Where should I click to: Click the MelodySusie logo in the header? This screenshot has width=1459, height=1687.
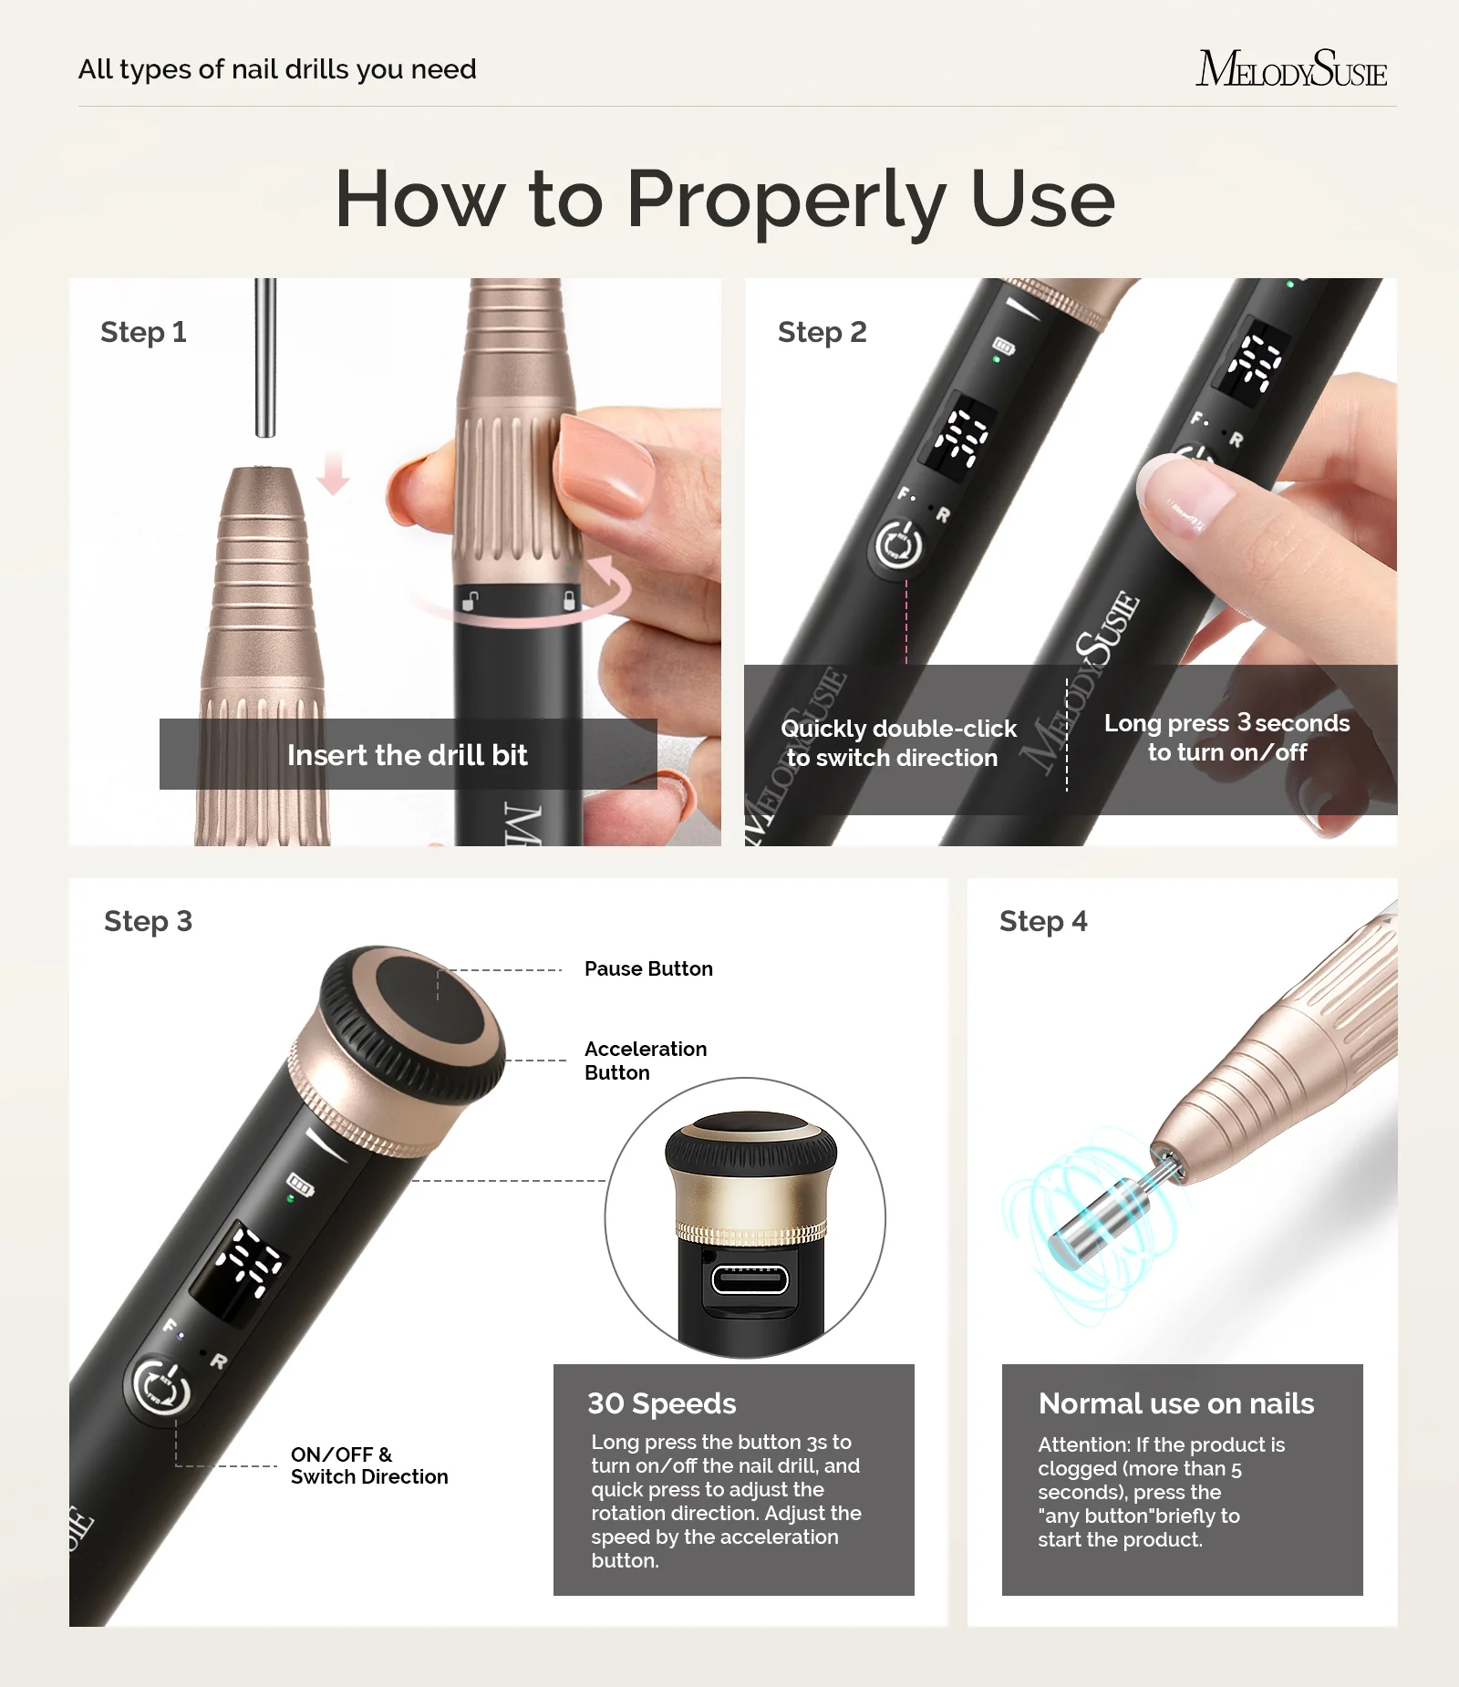click(1291, 68)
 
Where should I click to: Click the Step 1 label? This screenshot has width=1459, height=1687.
click(143, 332)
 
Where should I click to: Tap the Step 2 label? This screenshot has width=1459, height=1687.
click(822, 332)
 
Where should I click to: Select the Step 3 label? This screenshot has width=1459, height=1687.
click(148, 921)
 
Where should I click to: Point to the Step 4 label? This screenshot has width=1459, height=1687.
click(1043, 921)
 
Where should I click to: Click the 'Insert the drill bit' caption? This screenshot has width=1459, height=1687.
click(408, 755)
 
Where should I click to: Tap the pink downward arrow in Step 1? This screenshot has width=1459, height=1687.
click(334, 473)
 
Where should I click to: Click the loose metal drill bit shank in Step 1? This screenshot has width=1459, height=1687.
click(265, 357)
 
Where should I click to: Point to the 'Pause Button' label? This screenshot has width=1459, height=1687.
click(648, 968)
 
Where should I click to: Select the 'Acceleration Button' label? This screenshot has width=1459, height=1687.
click(646, 1061)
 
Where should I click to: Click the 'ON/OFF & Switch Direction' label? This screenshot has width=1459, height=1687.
click(369, 1465)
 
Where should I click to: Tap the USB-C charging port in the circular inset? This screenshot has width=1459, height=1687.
click(750, 1279)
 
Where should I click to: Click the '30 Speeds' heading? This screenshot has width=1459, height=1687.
click(661, 1403)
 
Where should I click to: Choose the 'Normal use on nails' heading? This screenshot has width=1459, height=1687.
click(1176, 1403)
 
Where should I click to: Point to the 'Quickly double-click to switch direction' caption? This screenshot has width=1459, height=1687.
click(897, 743)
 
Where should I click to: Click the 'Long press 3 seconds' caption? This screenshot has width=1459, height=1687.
click(1227, 723)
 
